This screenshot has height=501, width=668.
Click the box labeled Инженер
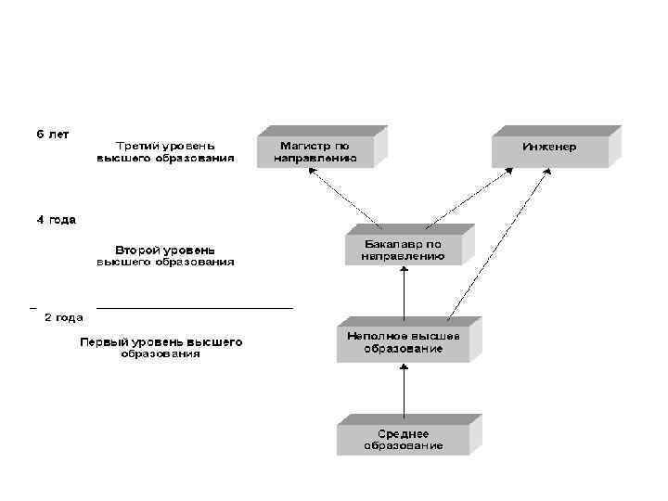click(x=549, y=148)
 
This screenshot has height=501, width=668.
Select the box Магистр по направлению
click(x=315, y=152)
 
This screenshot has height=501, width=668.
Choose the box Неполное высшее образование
click(x=403, y=342)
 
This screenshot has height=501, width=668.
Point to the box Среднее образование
click(x=403, y=440)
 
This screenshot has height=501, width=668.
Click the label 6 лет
click(x=53, y=134)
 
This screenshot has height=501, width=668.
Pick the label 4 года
click(x=56, y=220)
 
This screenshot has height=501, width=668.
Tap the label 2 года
click(x=64, y=316)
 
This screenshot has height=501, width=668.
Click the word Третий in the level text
click(x=135, y=146)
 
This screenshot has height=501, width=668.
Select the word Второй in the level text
click(x=134, y=250)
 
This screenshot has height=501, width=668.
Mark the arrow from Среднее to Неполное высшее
click(x=404, y=390)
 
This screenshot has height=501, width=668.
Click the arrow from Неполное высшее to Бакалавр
click(x=404, y=294)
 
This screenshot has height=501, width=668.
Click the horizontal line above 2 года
click(x=195, y=307)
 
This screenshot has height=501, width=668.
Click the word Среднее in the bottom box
click(x=403, y=433)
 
